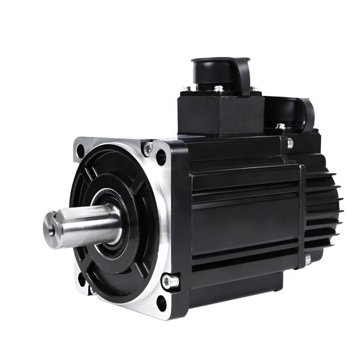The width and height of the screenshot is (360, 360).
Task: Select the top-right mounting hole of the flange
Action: [161, 158]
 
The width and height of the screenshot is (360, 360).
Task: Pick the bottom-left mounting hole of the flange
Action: [82, 278]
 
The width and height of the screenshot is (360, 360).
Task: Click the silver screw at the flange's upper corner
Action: [147, 146]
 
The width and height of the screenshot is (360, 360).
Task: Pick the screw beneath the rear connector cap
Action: [280, 127]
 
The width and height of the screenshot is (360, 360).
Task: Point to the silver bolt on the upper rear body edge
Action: [290, 143]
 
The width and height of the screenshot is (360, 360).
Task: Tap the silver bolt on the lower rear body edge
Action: [307, 259]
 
